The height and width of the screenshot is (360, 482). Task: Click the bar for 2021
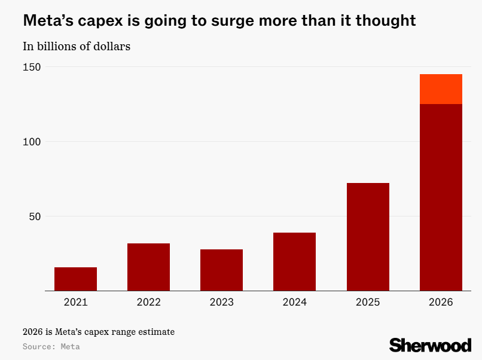coord(75,279)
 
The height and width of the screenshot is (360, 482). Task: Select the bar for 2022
coord(148,267)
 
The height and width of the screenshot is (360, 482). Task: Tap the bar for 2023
coord(221,270)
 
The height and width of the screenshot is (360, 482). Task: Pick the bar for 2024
coord(294,261)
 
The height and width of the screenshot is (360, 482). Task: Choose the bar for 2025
coord(368,237)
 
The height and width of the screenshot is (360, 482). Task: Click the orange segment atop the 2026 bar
coord(441,89)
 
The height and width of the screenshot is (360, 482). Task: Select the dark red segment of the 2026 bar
coord(441,197)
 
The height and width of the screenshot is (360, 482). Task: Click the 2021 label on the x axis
coord(75,303)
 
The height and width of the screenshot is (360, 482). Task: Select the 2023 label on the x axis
coord(221,303)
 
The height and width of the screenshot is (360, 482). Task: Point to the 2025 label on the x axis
coord(368,303)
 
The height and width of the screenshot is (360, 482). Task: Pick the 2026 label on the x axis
coord(441,303)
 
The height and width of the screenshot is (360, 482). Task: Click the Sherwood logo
coord(430,344)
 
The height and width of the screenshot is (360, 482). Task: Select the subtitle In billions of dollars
coord(77,47)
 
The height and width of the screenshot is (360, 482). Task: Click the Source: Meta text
coord(51,346)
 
